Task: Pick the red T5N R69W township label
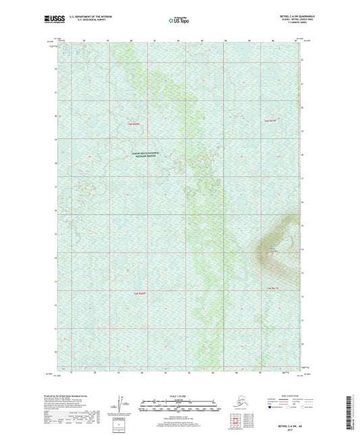click(139, 293)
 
